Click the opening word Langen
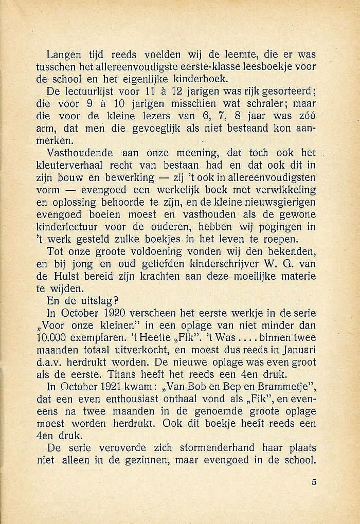point(62,55)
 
